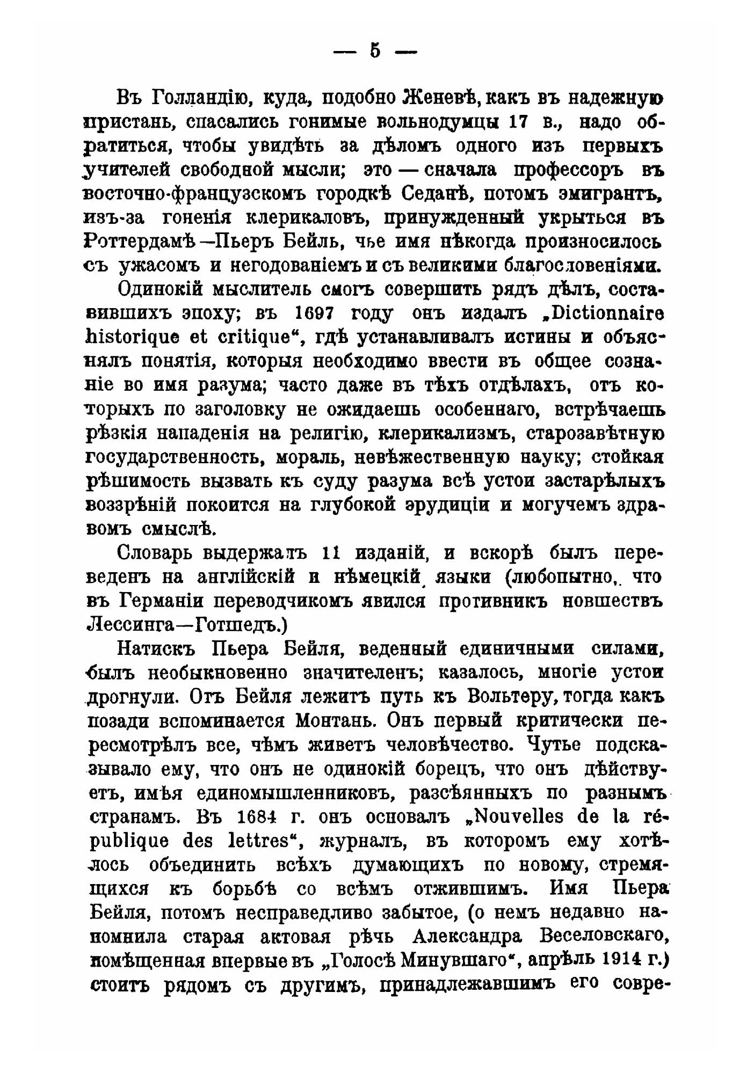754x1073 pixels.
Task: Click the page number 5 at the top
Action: tap(375, 51)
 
